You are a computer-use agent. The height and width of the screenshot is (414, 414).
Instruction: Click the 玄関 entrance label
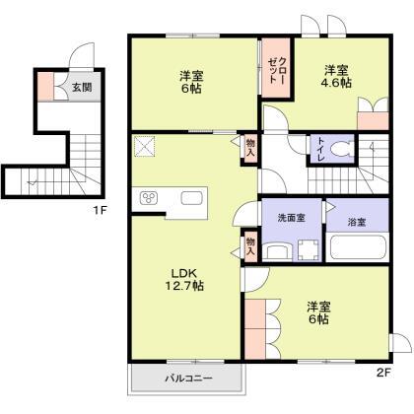click(82, 88)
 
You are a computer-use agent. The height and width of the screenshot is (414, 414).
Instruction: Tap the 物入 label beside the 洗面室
click(250, 244)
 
